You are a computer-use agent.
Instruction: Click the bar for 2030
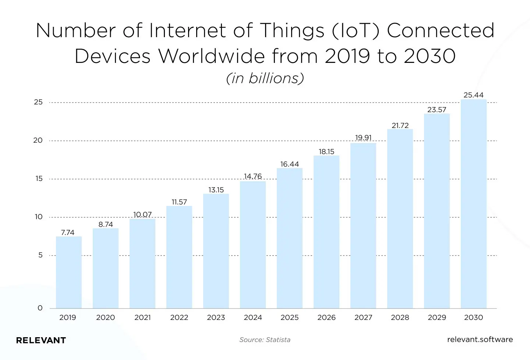click(474, 204)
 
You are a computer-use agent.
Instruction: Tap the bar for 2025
click(290, 238)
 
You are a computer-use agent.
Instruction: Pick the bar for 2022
click(179, 257)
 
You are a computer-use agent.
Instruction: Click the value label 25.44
click(473, 95)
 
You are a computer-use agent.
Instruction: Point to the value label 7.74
click(68, 232)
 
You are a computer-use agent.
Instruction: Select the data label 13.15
click(216, 190)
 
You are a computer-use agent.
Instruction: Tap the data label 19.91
click(363, 138)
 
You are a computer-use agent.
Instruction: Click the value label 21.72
click(400, 125)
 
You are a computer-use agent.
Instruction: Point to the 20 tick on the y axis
click(38, 140)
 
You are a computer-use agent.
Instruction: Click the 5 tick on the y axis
click(40, 255)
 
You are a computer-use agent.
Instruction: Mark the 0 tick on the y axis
click(40, 308)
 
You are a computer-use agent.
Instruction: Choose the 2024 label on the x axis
click(253, 317)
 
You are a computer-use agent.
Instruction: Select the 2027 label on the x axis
click(363, 317)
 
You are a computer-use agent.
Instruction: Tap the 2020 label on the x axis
click(106, 317)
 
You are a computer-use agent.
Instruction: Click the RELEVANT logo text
click(41, 340)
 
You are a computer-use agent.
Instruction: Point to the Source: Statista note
click(265, 340)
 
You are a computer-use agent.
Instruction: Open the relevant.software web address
click(480, 339)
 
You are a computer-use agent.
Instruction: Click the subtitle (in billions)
click(265, 78)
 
